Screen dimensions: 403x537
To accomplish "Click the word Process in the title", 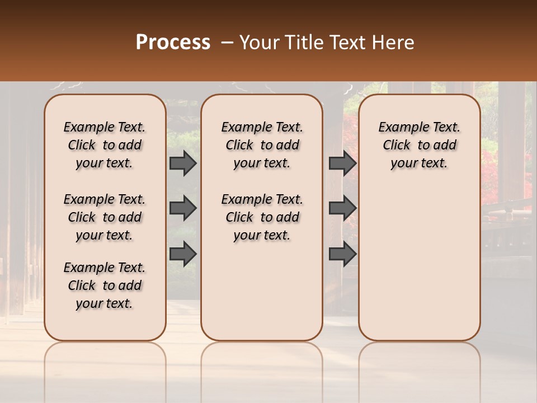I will pyautogui.click(x=173, y=43).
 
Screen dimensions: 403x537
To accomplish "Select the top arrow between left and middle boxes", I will pyautogui.click(x=183, y=163).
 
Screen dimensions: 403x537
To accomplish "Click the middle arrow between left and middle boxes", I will pyautogui.click(x=183, y=208).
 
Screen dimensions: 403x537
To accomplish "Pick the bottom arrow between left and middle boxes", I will pyautogui.click(x=183, y=254).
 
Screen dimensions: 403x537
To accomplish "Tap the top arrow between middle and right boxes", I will pyautogui.click(x=342, y=163).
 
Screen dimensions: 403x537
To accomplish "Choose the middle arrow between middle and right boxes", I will pyautogui.click(x=342, y=208).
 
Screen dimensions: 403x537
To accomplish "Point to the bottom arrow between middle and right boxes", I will pyautogui.click(x=342, y=254).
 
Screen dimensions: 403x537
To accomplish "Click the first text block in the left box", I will pyautogui.click(x=105, y=145).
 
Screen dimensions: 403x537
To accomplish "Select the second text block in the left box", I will pyautogui.click(x=105, y=217).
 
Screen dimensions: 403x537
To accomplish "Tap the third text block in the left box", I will pyautogui.click(x=105, y=285).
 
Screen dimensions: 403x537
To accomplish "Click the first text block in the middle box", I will pyautogui.click(x=262, y=145).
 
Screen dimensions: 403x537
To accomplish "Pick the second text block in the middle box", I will pyautogui.click(x=262, y=217).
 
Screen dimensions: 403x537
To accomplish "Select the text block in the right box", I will pyautogui.click(x=420, y=145).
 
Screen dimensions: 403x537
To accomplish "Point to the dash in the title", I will pyautogui.click(x=227, y=43).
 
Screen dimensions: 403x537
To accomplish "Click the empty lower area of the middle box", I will pyautogui.click(x=262, y=291).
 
